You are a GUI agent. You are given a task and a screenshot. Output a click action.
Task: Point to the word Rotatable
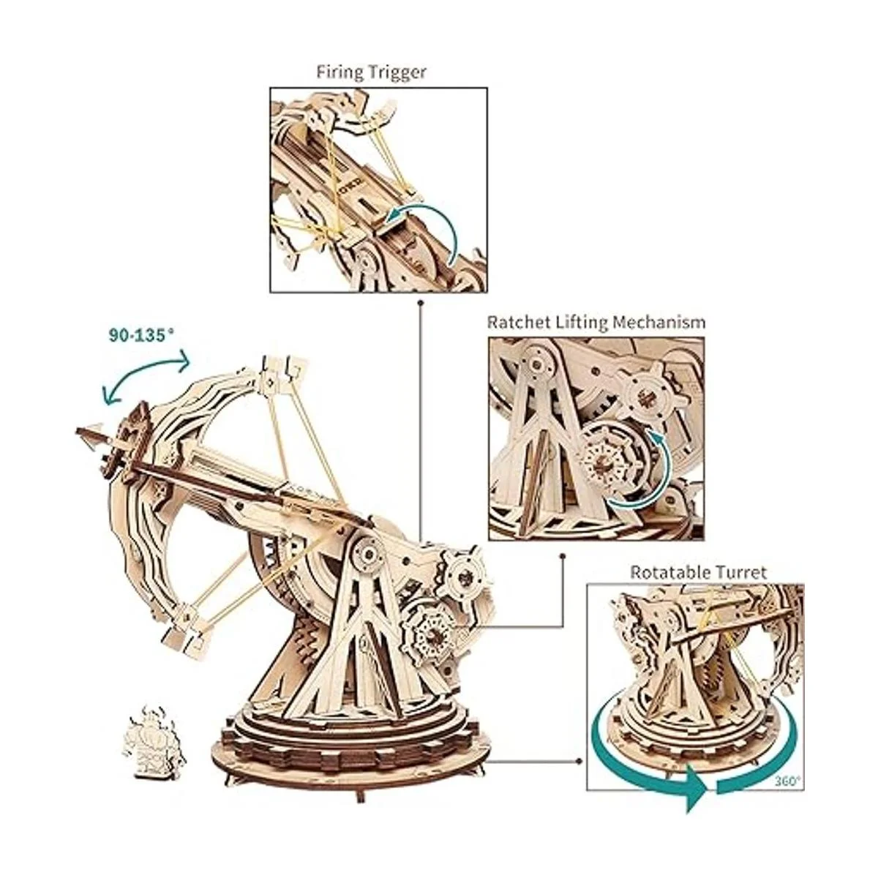tap(666, 571)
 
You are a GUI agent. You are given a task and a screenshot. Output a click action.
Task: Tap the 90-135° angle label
tap(142, 334)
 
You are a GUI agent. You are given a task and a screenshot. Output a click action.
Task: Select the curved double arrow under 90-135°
tap(146, 373)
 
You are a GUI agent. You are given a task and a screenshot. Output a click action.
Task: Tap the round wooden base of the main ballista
tap(349, 757)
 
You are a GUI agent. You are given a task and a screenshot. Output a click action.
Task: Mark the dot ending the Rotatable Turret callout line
tap(582, 761)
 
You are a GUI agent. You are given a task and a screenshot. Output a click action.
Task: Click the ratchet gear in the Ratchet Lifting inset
tap(605, 461)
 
